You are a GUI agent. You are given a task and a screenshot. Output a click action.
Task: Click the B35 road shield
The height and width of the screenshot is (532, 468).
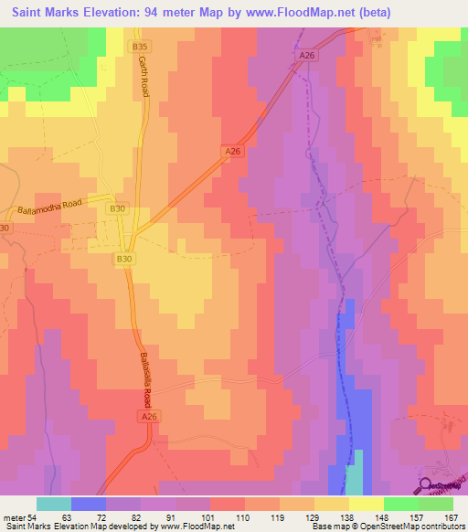(139, 45)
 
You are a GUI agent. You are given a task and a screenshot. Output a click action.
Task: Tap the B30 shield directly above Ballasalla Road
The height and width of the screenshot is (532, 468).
(125, 260)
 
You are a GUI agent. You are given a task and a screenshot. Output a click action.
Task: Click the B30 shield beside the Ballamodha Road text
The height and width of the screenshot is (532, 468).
(117, 209)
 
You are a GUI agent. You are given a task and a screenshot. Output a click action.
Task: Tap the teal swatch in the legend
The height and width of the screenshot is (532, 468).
(54, 503)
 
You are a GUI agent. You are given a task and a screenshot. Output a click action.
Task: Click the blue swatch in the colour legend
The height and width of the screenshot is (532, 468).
(89, 503)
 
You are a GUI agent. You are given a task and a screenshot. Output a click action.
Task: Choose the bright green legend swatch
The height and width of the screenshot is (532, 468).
(401, 503)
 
